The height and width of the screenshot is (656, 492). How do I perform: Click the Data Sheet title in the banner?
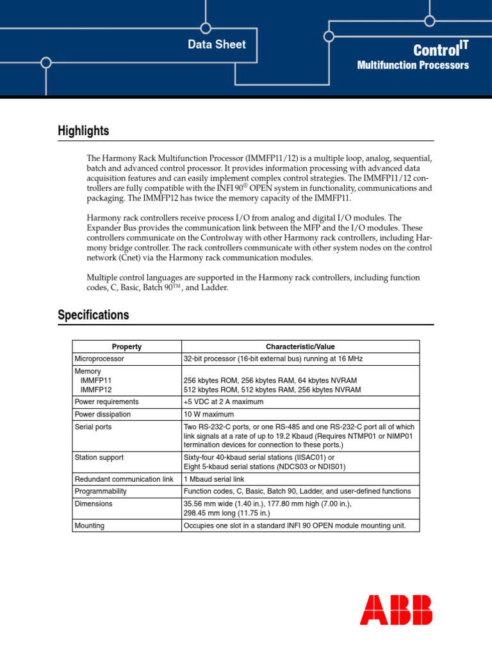(x=217, y=44)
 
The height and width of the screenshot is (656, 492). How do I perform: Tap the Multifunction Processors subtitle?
(x=412, y=65)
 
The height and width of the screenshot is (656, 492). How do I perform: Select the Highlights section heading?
(x=83, y=131)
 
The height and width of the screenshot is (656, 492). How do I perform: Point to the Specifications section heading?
(x=93, y=315)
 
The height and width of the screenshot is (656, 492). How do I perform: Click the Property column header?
(x=126, y=347)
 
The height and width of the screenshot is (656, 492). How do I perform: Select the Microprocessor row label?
(x=99, y=359)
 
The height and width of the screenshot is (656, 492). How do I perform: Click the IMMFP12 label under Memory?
(x=95, y=389)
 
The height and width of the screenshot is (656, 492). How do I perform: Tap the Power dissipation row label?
(x=102, y=414)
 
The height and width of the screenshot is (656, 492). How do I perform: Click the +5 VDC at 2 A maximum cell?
(x=223, y=402)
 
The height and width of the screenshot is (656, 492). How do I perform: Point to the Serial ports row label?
(x=94, y=427)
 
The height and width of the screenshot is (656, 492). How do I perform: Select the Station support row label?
(x=99, y=457)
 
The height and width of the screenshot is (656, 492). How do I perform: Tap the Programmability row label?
(x=101, y=491)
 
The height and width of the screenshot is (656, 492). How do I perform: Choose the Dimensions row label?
(x=94, y=504)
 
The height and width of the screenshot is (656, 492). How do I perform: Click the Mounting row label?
(x=90, y=525)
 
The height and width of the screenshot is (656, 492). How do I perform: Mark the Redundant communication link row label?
(x=124, y=479)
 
